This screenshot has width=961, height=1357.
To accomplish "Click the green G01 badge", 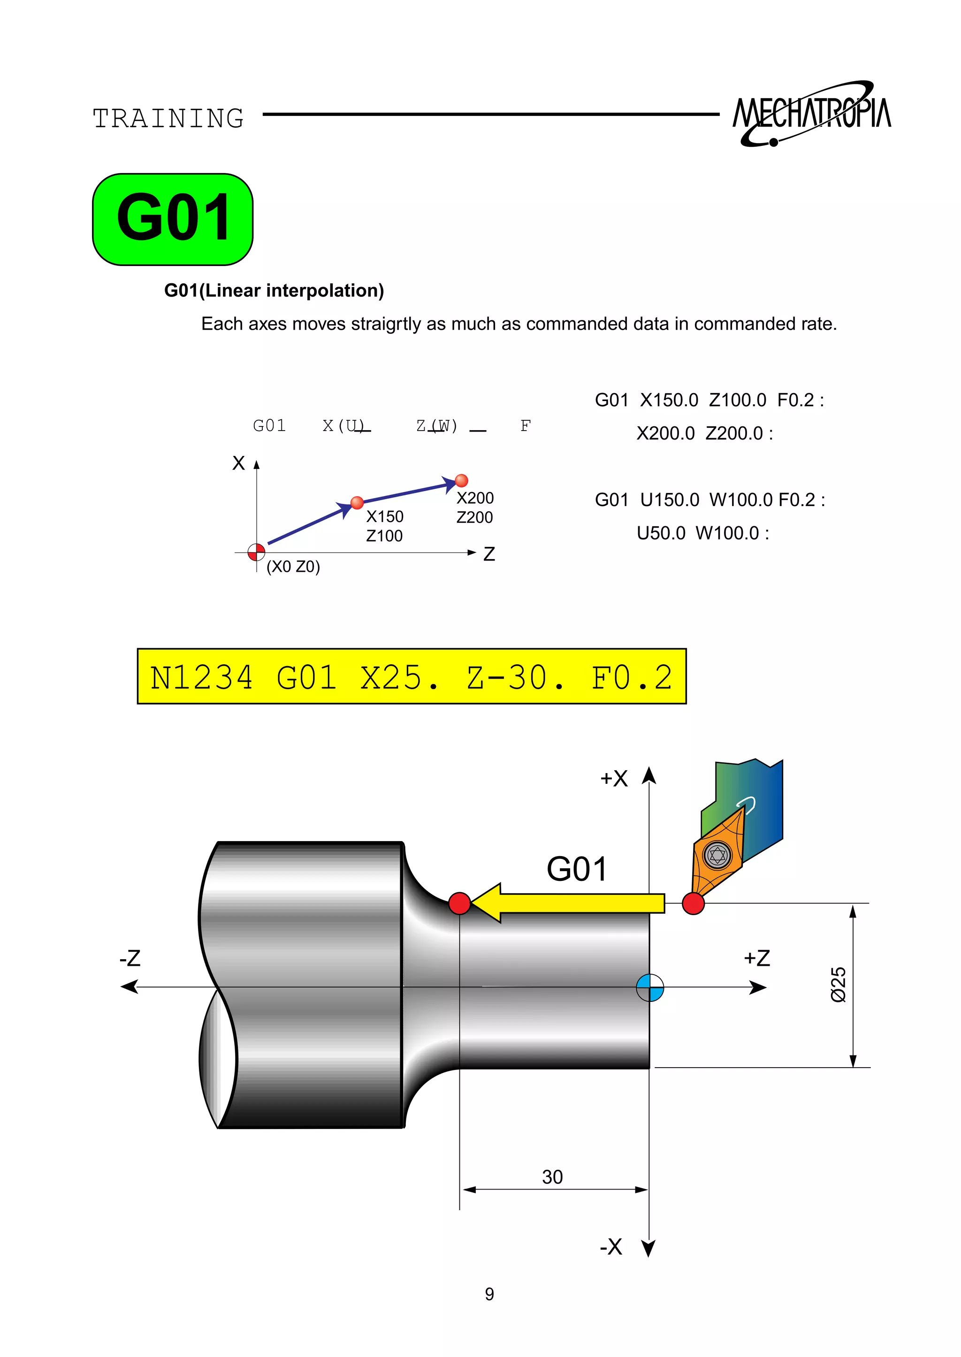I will pos(172,219).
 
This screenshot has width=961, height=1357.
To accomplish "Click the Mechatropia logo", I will pos(811,114).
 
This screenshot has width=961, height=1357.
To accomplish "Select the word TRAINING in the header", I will pos(168,118).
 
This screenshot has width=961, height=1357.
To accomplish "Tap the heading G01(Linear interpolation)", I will pos(274,290).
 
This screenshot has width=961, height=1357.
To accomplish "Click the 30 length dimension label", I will pos(552,1176).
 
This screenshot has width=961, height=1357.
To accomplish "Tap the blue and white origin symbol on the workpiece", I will pos(650,987).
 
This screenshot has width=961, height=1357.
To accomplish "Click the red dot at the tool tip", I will pos(693,903).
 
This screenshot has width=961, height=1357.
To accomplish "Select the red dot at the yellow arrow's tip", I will pos(459,903).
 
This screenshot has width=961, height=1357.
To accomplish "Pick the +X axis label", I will pos(614,779).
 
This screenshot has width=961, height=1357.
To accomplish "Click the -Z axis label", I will pos(130,958).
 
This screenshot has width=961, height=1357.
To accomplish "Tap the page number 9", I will pos(489,1294).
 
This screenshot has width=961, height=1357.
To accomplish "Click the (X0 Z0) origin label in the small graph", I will pos(293,567).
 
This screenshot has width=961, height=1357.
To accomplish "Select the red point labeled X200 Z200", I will pos(462,480).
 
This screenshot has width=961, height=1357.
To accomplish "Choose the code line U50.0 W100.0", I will pos(702,533).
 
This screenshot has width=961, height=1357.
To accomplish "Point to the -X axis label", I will pos(610,1247).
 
